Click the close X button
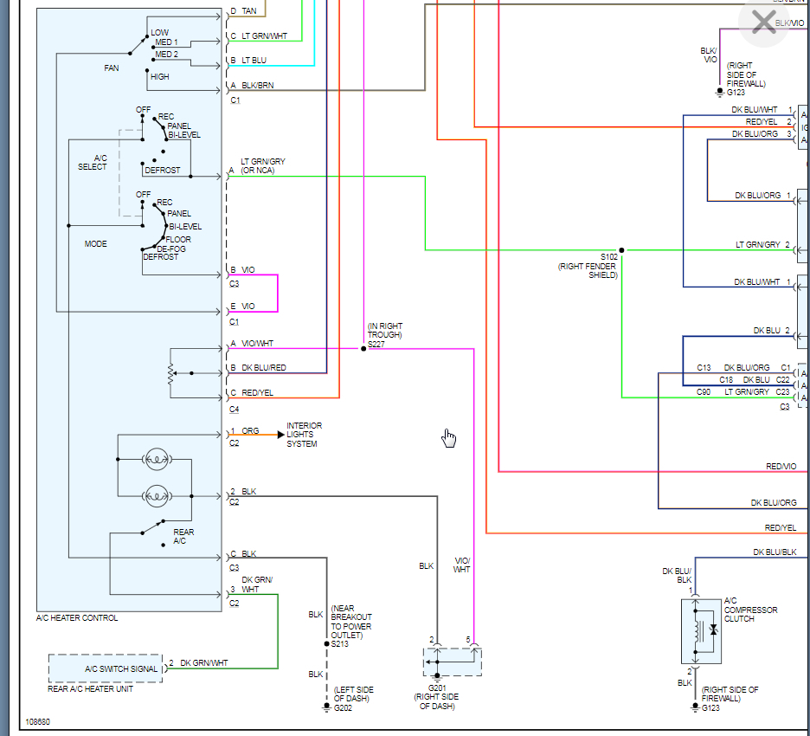pyautogui.click(x=764, y=22)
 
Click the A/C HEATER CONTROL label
pyautogui.click(x=77, y=618)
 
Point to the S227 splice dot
pyautogui.click(x=364, y=348)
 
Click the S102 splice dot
pyautogui.click(x=621, y=249)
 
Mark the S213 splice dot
pyautogui.click(x=326, y=644)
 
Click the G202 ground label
pyautogui.click(x=344, y=707)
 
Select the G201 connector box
pyautogui.click(x=453, y=662)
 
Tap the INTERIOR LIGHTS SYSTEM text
pyautogui.click(x=304, y=435)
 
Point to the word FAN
pyautogui.click(x=111, y=68)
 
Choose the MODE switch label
pyautogui.click(x=95, y=244)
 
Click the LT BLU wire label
pyautogui.click(x=254, y=61)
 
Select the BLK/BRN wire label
pyautogui.click(x=257, y=87)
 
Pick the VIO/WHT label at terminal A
pyautogui.click(x=258, y=344)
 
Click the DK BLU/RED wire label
pyautogui.click(x=264, y=368)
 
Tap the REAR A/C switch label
pyautogui.click(x=183, y=537)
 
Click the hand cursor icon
pyautogui.click(x=448, y=438)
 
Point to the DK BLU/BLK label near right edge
pyautogui.click(x=774, y=552)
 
